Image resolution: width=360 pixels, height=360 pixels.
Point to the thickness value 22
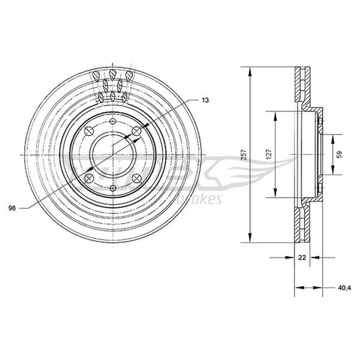pos(302,258)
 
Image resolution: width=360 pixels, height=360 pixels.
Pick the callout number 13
pos(205,100)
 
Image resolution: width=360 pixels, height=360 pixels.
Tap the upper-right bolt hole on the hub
pos(137,131)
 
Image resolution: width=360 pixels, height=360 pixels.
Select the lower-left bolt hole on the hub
pos(89,178)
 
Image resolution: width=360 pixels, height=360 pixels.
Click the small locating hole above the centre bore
pos(113,121)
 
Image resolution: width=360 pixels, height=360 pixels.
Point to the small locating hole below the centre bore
pos(113,189)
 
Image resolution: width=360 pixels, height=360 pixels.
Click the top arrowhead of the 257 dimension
pos(250,70)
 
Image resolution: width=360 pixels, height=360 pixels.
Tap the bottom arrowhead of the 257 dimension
pos(250,238)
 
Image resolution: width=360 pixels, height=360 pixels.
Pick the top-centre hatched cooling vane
pos(112,73)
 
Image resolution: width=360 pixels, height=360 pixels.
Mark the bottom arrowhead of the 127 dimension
pos(275,193)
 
